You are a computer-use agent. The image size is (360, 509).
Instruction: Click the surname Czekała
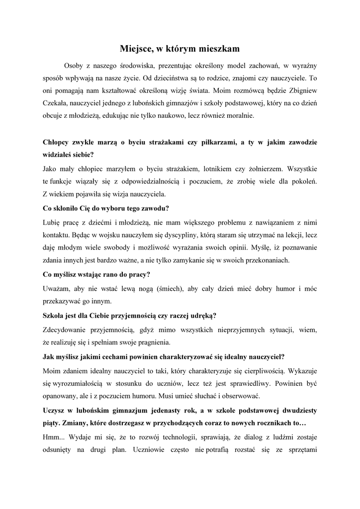58,104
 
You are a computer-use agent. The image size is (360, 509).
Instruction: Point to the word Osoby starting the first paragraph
74,65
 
